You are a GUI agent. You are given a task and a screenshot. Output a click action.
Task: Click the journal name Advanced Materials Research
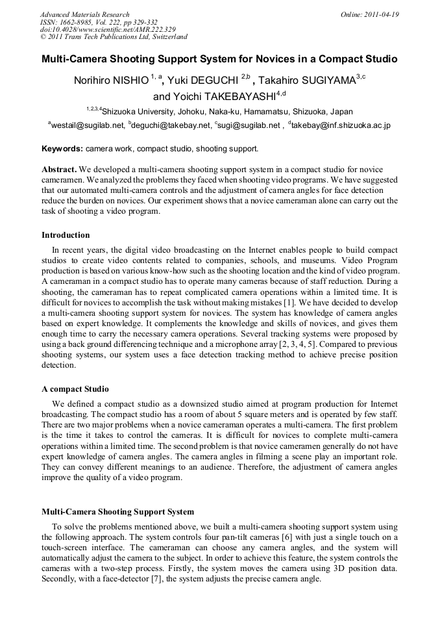pyautogui.click(x=85, y=14)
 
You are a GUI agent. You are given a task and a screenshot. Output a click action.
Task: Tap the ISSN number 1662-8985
pyautogui.click(x=77, y=21)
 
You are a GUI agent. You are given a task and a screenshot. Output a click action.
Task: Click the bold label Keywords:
pyautogui.click(x=62, y=149)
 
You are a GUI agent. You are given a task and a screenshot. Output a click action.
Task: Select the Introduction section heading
pyautogui.click(x=66, y=235)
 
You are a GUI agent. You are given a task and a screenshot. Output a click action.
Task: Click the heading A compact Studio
pyautogui.click(x=75, y=390)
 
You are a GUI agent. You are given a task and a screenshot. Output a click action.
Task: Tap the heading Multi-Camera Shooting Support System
pyautogui.click(x=117, y=512)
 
